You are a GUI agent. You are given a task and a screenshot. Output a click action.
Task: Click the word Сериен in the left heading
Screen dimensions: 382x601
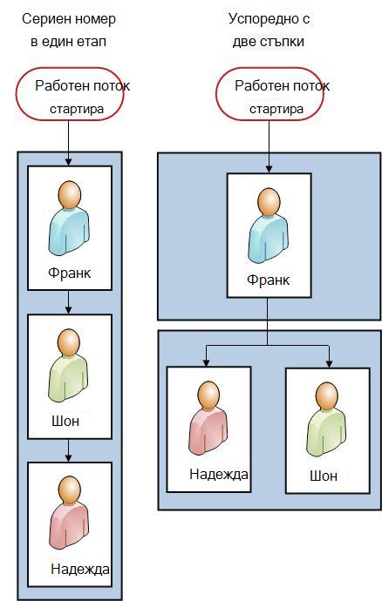click(43, 19)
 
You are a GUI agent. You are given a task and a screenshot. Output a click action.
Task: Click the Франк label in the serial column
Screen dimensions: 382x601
click(70, 273)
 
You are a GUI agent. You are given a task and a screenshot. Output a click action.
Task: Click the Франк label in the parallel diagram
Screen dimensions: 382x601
click(269, 280)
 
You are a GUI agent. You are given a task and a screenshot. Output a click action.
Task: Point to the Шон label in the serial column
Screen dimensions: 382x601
click(65, 422)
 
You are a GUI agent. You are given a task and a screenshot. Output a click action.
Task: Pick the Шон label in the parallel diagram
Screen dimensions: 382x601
click(324, 476)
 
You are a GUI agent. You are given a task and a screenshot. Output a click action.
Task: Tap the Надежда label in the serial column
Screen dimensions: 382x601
click(80, 569)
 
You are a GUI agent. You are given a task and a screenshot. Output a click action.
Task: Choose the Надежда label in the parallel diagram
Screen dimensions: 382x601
click(219, 475)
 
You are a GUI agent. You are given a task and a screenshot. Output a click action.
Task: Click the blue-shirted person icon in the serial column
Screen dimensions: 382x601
click(69, 218)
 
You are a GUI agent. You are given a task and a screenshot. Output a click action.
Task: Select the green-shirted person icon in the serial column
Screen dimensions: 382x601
click(68, 365)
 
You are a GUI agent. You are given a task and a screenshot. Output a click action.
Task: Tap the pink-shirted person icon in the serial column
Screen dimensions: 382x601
click(69, 513)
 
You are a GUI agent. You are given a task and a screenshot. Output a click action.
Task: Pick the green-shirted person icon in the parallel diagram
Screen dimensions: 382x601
click(327, 420)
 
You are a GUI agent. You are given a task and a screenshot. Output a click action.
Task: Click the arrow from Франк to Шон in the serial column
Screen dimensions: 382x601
click(68, 302)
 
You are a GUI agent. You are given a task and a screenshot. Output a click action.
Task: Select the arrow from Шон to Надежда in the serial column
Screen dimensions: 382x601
click(68, 450)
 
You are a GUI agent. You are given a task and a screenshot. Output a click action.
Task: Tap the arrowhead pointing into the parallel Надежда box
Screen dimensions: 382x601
click(207, 363)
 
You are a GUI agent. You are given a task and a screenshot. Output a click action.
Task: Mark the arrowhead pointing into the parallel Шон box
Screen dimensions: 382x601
click(329, 364)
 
